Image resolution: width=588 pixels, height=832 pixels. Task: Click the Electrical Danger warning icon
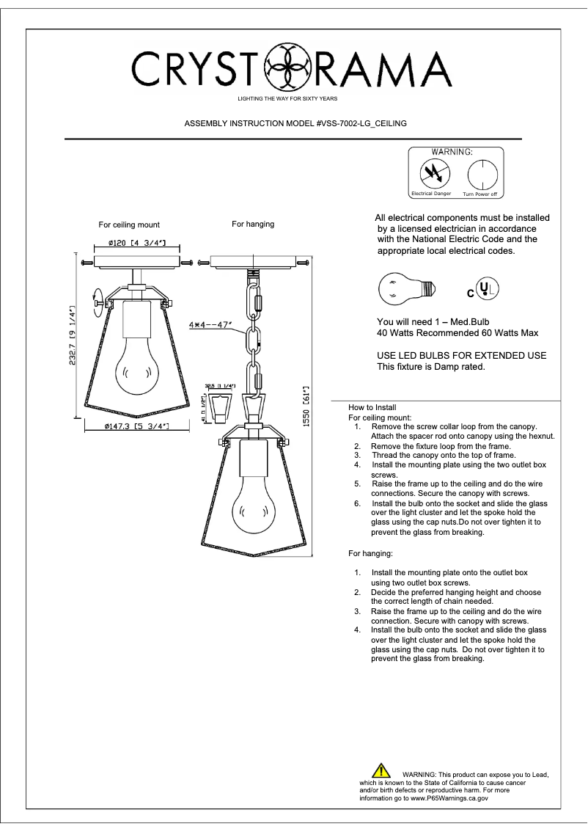tap(430, 174)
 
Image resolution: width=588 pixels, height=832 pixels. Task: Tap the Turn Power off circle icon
tap(480, 175)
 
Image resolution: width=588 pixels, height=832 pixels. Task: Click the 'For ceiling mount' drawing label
tap(129, 225)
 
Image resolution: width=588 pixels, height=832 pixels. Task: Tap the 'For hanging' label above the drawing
tap(253, 224)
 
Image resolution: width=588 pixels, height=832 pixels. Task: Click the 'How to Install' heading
tap(373, 407)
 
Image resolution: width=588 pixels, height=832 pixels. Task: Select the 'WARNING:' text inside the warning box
tap(452, 152)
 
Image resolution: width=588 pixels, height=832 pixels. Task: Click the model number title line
tap(295, 123)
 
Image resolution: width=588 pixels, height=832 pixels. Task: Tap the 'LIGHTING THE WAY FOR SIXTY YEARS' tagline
tap(287, 98)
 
